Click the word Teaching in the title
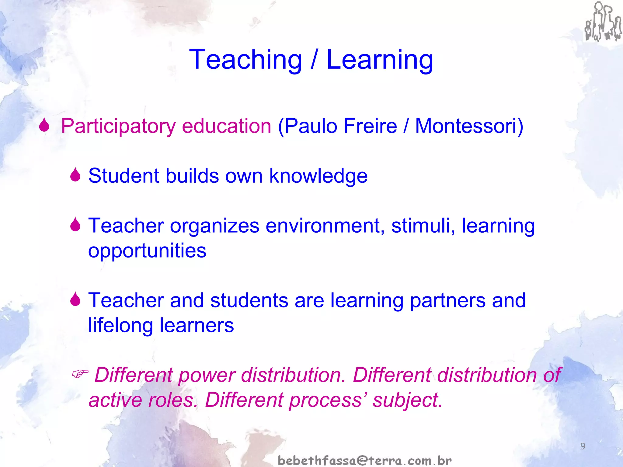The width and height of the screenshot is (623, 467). [x=245, y=60]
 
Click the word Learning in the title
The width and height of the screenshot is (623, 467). [x=380, y=60]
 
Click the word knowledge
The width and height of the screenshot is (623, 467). [x=318, y=176]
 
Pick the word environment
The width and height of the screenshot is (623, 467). [x=325, y=226]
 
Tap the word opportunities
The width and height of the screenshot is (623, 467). [x=147, y=251]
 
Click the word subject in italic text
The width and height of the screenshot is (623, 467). [x=408, y=400]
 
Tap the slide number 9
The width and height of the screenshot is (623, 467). [x=583, y=446]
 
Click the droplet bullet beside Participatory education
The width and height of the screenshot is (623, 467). [x=44, y=125]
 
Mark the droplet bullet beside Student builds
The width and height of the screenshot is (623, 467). [x=75, y=175]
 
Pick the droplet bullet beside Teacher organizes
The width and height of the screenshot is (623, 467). [x=75, y=225]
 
